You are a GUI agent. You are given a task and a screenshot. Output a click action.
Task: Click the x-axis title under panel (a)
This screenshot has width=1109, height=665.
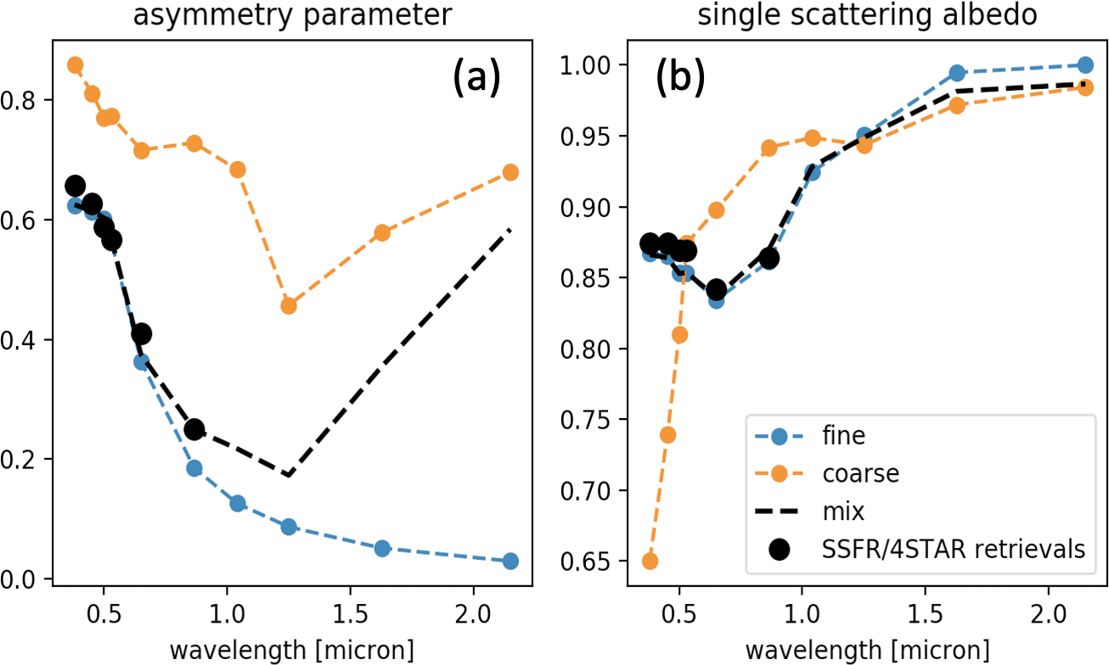(x=292, y=650)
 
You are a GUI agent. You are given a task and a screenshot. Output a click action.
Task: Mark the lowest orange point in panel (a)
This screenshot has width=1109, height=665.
(x=289, y=305)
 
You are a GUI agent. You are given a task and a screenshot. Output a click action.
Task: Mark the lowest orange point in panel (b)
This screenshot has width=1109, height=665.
(x=650, y=561)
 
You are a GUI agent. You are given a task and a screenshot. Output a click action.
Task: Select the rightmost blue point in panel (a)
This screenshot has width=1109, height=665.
(x=510, y=561)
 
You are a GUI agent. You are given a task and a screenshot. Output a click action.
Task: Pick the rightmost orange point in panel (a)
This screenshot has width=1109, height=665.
(x=510, y=172)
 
